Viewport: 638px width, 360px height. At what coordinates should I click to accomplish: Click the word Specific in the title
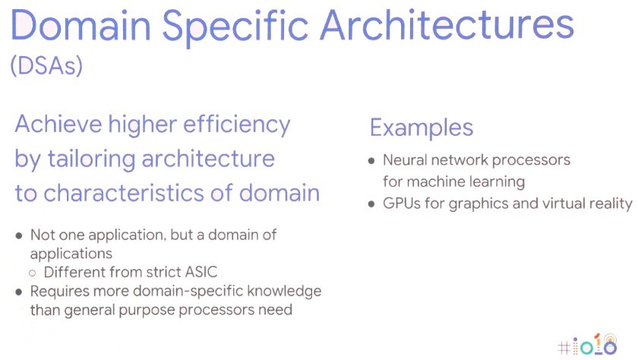[235, 27]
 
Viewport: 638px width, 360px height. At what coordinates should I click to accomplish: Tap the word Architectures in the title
[447, 25]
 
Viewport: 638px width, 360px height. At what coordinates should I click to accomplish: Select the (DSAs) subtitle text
[46, 65]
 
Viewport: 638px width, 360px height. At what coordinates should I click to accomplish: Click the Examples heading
[422, 128]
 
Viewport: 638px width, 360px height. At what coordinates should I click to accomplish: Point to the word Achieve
[58, 124]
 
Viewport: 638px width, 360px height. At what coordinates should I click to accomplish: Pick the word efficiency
[237, 125]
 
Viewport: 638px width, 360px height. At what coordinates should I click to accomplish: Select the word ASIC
[201, 272]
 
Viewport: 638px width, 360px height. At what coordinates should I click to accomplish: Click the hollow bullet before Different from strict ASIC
[33, 273]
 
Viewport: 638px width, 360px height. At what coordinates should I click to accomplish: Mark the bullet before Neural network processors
[371, 161]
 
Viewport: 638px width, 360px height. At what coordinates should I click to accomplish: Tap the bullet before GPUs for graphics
[371, 204]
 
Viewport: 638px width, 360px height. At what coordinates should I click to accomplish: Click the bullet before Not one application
[19, 235]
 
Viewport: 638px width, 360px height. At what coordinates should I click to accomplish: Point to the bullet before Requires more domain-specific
[19, 292]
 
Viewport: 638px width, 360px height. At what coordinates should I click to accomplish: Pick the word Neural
[405, 160]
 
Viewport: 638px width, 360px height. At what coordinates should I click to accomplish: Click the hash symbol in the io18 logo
[564, 348]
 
